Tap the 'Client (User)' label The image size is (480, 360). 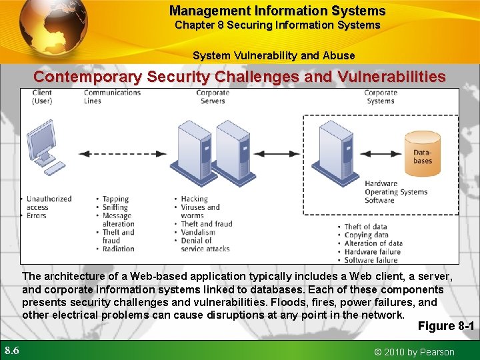click(x=42, y=97)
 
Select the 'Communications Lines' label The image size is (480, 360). click(x=112, y=97)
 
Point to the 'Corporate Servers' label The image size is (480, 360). click(x=213, y=97)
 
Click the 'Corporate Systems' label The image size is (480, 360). click(x=381, y=97)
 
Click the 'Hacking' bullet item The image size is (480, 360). click(x=195, y=199)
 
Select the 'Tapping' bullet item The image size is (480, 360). click(x=115, y=199)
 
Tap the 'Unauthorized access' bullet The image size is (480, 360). click(x=48, y=203)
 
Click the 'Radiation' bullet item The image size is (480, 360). click(x=118, y=249)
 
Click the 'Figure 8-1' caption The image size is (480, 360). click(x=445, y=326)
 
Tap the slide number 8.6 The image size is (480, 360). click(x=12, y=350)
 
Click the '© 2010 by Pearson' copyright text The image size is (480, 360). click(x=413, y=352)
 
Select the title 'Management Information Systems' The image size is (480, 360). click(x=277, y=11)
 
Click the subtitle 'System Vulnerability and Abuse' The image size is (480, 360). click(x=273, y=55)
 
